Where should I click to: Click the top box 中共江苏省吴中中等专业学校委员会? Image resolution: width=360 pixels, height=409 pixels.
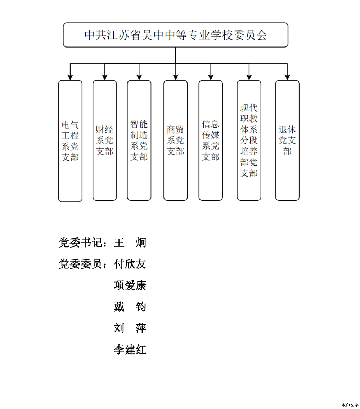(x=175, y=35)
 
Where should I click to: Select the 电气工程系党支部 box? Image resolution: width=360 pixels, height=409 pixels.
(x=70, y=141)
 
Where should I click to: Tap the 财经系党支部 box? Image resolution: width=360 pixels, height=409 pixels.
(x=104, y=140)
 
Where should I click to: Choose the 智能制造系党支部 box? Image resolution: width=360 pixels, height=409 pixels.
(x=139, y=140)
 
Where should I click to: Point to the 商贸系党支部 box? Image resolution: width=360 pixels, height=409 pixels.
(x=175, y=140)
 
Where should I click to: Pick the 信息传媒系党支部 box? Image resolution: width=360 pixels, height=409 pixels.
(x=211, y=140)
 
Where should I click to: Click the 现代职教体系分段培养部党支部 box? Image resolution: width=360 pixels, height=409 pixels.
(x=249, y=140)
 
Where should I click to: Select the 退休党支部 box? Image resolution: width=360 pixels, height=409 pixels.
(x=287, y=140)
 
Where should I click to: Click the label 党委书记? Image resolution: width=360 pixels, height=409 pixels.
(x=80, y=243)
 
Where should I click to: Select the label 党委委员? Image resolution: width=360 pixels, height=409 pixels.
(x=80, y=264)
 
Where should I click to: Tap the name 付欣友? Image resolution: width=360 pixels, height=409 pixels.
(x=130, y=264)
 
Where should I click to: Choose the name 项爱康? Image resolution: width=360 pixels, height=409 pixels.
(x=130, y=285)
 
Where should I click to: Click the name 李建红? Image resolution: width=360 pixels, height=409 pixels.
(x=130, y=349)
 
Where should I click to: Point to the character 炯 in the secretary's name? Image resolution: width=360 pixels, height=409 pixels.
(x=141, y=243)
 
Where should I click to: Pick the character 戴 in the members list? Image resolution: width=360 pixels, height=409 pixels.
(x=119, y=307)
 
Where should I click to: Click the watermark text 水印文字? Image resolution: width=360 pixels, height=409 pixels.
(x=350, y=405)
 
